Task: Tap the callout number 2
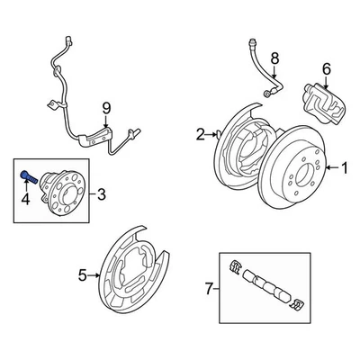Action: tap(200, 136)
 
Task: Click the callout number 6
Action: tap(326, 67)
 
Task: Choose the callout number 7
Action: tap(210, 290)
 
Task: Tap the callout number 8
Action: tap(274, 59)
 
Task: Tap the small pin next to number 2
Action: tap(219, 135)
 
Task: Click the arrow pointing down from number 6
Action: tap(326, 79)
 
